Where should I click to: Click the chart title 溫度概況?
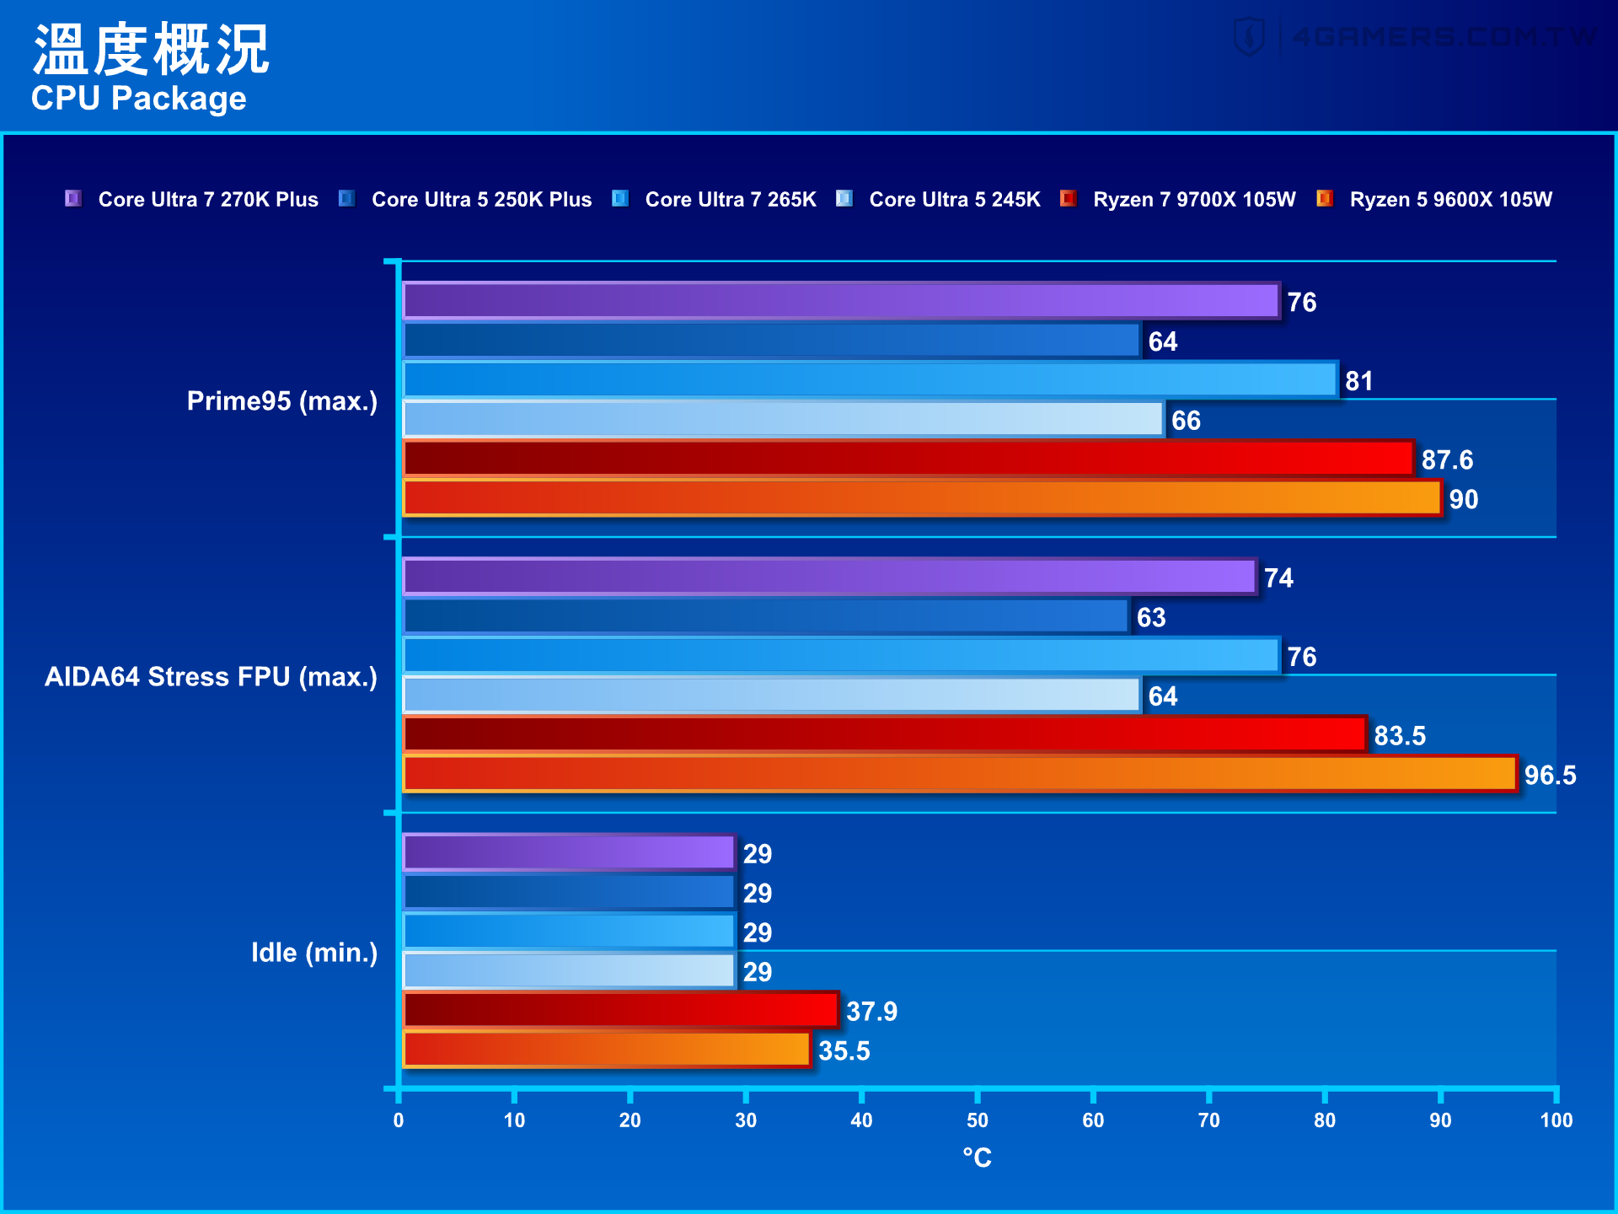point(150,49)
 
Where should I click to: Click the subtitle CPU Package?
point(138,99)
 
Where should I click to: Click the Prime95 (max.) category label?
point(281,401)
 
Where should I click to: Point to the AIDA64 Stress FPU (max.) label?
point(211,677)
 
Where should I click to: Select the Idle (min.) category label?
point(313,953)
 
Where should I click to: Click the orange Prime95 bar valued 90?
point(922,498)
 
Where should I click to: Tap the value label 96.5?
point(1550,775)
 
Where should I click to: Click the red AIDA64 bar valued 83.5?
point(885,734)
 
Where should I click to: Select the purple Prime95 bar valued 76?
point(841,301)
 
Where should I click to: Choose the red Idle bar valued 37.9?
point(621,1010)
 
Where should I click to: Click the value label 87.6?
point(1447,459)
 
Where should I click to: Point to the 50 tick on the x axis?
point(977,1120)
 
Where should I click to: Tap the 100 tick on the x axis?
point(1556,1120)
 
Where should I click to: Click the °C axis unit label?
point(977,1158)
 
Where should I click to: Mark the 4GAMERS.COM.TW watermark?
point(1416,37)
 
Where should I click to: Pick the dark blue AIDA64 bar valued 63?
point(766,616)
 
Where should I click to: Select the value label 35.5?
point(844,1050)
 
